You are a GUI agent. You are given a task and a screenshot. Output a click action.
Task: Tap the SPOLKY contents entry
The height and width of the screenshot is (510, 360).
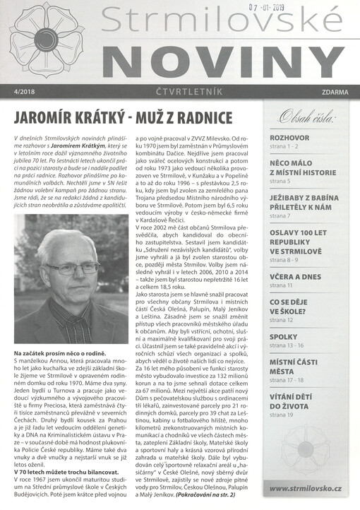pos(284,337)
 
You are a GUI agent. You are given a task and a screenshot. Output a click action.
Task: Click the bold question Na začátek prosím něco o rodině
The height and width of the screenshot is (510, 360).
pos(60,352)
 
